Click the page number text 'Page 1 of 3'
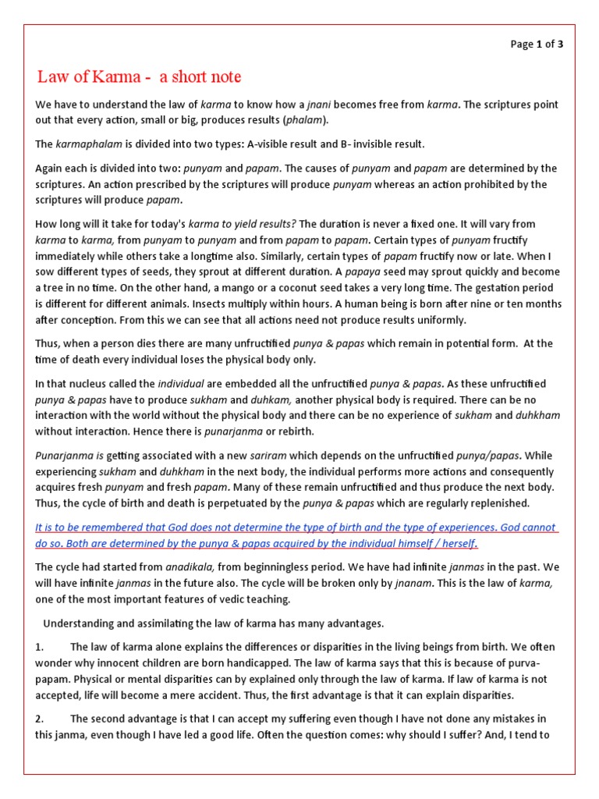[537, 44]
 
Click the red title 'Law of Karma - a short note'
[140, 76]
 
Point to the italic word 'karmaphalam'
[87, 144]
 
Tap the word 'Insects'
[274, 304]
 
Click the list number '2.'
[41, 718]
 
